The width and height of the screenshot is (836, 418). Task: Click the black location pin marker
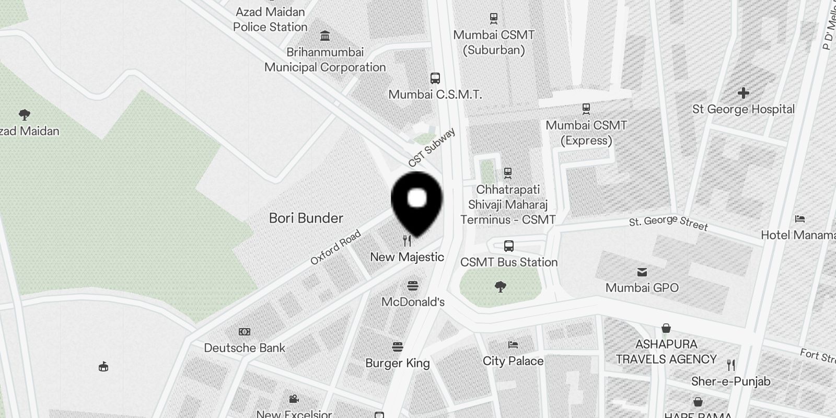[x=417, y=202]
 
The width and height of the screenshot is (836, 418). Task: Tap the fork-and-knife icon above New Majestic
[x=408, y=241]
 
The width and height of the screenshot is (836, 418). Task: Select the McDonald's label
[x=413, y=302]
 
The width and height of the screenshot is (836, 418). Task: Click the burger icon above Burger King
[x=398, y=347]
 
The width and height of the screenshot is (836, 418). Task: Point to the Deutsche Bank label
[x=245, y=348]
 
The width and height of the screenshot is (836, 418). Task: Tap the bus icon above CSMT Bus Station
[x=508, y=246]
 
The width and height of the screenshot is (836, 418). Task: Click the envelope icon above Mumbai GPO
[x=642, y=272]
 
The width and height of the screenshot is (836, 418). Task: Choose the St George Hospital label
[x=743, y=109]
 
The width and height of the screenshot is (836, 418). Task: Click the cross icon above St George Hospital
[x=743, y=94]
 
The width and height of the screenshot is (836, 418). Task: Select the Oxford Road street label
[x=335, y=247]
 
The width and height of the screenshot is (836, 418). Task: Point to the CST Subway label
[x=432, y=148]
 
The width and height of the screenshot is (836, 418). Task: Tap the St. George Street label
[x=668, y=223]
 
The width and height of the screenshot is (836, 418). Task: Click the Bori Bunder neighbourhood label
[x=306, y=218]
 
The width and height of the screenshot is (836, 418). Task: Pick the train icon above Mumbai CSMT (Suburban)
[x=494, y=19]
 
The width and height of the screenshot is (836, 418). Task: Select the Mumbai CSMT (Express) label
[x=586, y=133]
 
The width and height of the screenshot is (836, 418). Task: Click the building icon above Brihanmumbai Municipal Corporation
[x=325, y=36]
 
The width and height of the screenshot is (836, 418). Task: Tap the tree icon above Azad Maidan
[x=24, y=114]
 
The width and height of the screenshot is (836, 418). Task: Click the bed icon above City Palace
[x=513, y=345]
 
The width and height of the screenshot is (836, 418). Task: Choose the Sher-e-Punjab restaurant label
[x=730, y=381]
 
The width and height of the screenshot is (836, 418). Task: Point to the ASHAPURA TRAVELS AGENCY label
[x=666, y=352]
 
